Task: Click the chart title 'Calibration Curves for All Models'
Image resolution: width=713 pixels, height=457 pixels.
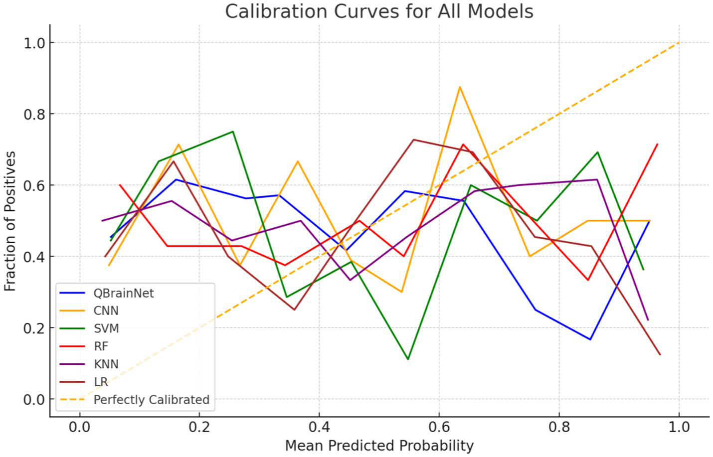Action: pos(379,11)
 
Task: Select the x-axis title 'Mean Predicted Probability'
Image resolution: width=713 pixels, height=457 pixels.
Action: pos(379,445)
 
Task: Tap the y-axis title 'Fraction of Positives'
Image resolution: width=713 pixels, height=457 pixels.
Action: pos(10,221)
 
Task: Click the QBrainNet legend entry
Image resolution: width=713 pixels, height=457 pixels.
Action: pos(124,293)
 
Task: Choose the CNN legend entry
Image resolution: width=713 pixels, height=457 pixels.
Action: pos(106,311)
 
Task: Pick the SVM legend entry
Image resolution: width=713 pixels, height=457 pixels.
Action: pos(106,328)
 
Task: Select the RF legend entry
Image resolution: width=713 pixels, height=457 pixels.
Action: pos(101,346)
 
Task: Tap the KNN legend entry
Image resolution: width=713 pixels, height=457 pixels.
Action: pos(106,364)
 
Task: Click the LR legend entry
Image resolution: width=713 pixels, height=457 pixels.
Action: pos(101,382)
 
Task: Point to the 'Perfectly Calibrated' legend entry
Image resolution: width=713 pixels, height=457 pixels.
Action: pos(151,400)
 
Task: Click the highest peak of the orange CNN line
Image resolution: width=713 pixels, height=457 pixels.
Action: pos(460,87)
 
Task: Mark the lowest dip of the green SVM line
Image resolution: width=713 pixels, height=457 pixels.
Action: pos(408,359)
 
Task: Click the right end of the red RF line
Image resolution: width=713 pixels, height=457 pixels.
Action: pos(658,144)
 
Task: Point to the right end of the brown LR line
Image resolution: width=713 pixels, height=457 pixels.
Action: pos(660,355)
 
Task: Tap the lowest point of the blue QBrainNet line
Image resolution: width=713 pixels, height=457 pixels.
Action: pos(590,339)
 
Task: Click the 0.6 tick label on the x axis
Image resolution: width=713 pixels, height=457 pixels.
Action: pos(439,427)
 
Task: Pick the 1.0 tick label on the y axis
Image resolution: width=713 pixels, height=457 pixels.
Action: pos(34,43)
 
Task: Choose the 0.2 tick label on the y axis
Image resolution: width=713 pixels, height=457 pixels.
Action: pos(34,328)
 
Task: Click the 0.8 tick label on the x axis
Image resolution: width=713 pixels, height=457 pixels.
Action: pos(559,427)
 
